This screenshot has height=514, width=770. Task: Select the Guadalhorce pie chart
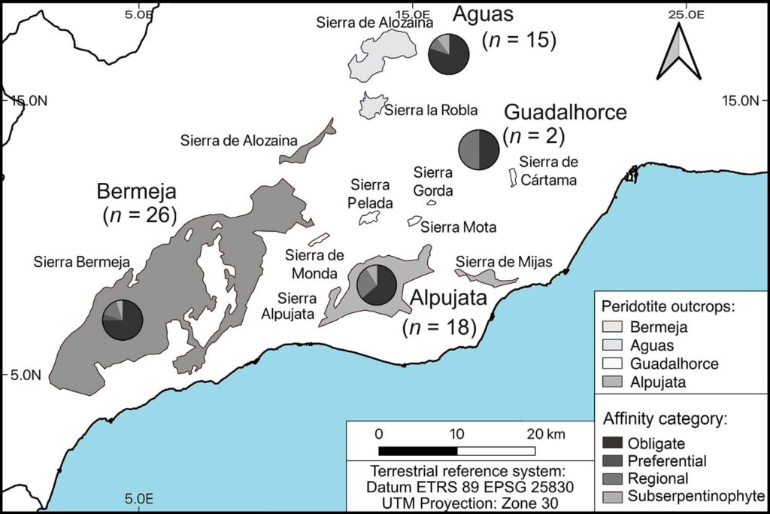pos(479,149)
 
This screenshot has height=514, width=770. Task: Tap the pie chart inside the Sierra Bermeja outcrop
pos(123,320)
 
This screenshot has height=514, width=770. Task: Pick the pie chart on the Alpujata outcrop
pos(377,284)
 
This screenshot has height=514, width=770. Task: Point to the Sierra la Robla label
pos(431,110)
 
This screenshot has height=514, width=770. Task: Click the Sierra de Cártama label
pos(548,171)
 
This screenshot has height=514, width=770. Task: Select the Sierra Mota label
pos(459,227)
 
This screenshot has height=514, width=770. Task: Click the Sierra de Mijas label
pos(504,262)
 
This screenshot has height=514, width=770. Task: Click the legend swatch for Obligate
pos(614,444)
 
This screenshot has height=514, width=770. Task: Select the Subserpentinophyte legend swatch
pos(614,496)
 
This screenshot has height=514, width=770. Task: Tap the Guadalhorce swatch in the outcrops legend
pos(614,363)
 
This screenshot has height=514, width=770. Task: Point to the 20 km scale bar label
pos(545,434)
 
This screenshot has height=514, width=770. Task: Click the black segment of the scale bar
pos(417,451)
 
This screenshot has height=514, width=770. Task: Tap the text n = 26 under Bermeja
pos(139,214)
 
